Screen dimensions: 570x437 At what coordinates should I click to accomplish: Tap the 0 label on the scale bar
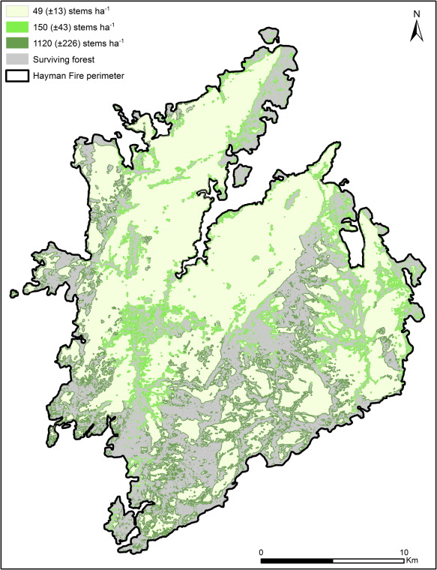pos(261,551)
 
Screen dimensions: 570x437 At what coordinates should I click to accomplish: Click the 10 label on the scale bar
pos(405,551)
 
